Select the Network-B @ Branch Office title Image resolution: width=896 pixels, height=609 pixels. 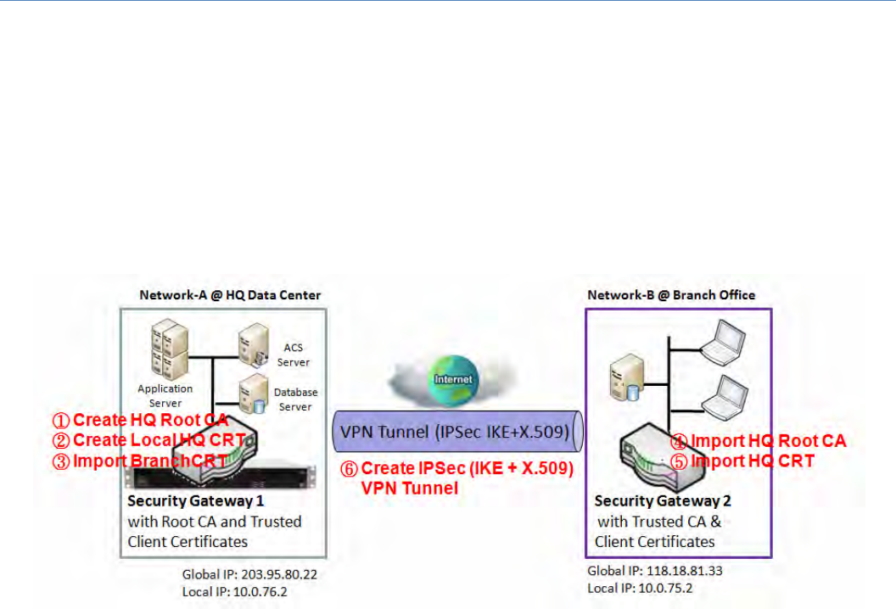click(x=670, y=294)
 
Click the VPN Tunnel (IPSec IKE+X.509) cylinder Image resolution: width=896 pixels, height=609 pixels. click(x=456, y=433)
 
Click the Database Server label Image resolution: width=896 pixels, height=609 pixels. click(x=295, y=399)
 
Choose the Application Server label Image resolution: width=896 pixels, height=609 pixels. click(x=165, y=395)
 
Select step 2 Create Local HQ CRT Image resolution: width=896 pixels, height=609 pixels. click(x=149, y=440)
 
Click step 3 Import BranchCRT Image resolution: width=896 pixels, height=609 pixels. click(x=141, y=461)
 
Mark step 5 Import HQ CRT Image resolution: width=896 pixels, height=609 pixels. click(x=742, y=461)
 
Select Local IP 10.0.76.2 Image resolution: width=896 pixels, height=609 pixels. click(x=235, y=591)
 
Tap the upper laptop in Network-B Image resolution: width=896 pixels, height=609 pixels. click(x=723, y=338)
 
